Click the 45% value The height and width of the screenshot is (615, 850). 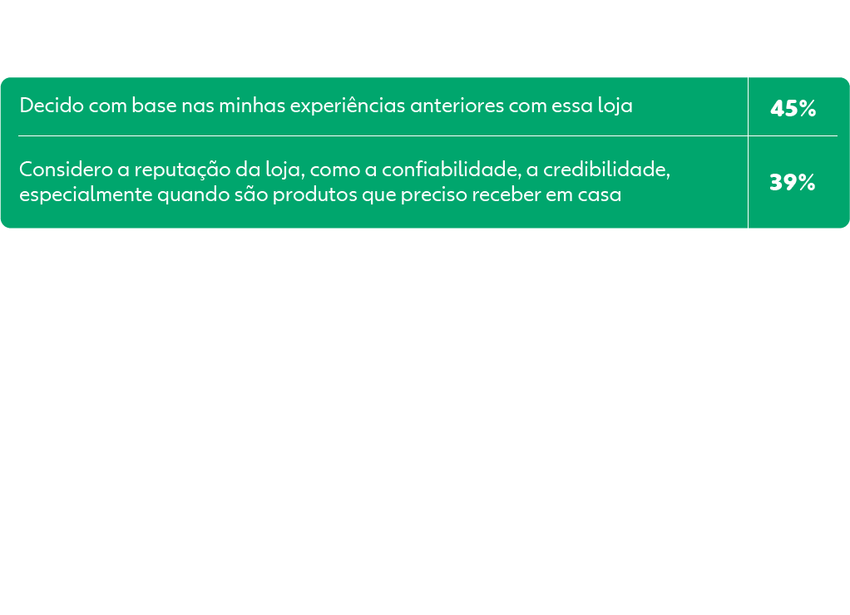pyautogui.click(x=793, y=108)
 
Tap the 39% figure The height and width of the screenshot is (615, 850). pyautogui.click(x=793, y=182)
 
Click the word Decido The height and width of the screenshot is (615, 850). pyautogui.click(x=52, y=105)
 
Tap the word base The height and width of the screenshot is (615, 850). pyautogui.click(x=154, y=105)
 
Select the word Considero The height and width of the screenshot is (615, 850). pyautogui.click(x=67, y=169)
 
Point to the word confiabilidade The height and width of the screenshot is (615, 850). pyautogui.click(x=452, y=169)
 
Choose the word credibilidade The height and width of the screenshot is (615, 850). pyautogui.click(x=606, y=169)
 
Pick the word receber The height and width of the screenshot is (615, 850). pyautogui.click(x=507, y=194)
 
